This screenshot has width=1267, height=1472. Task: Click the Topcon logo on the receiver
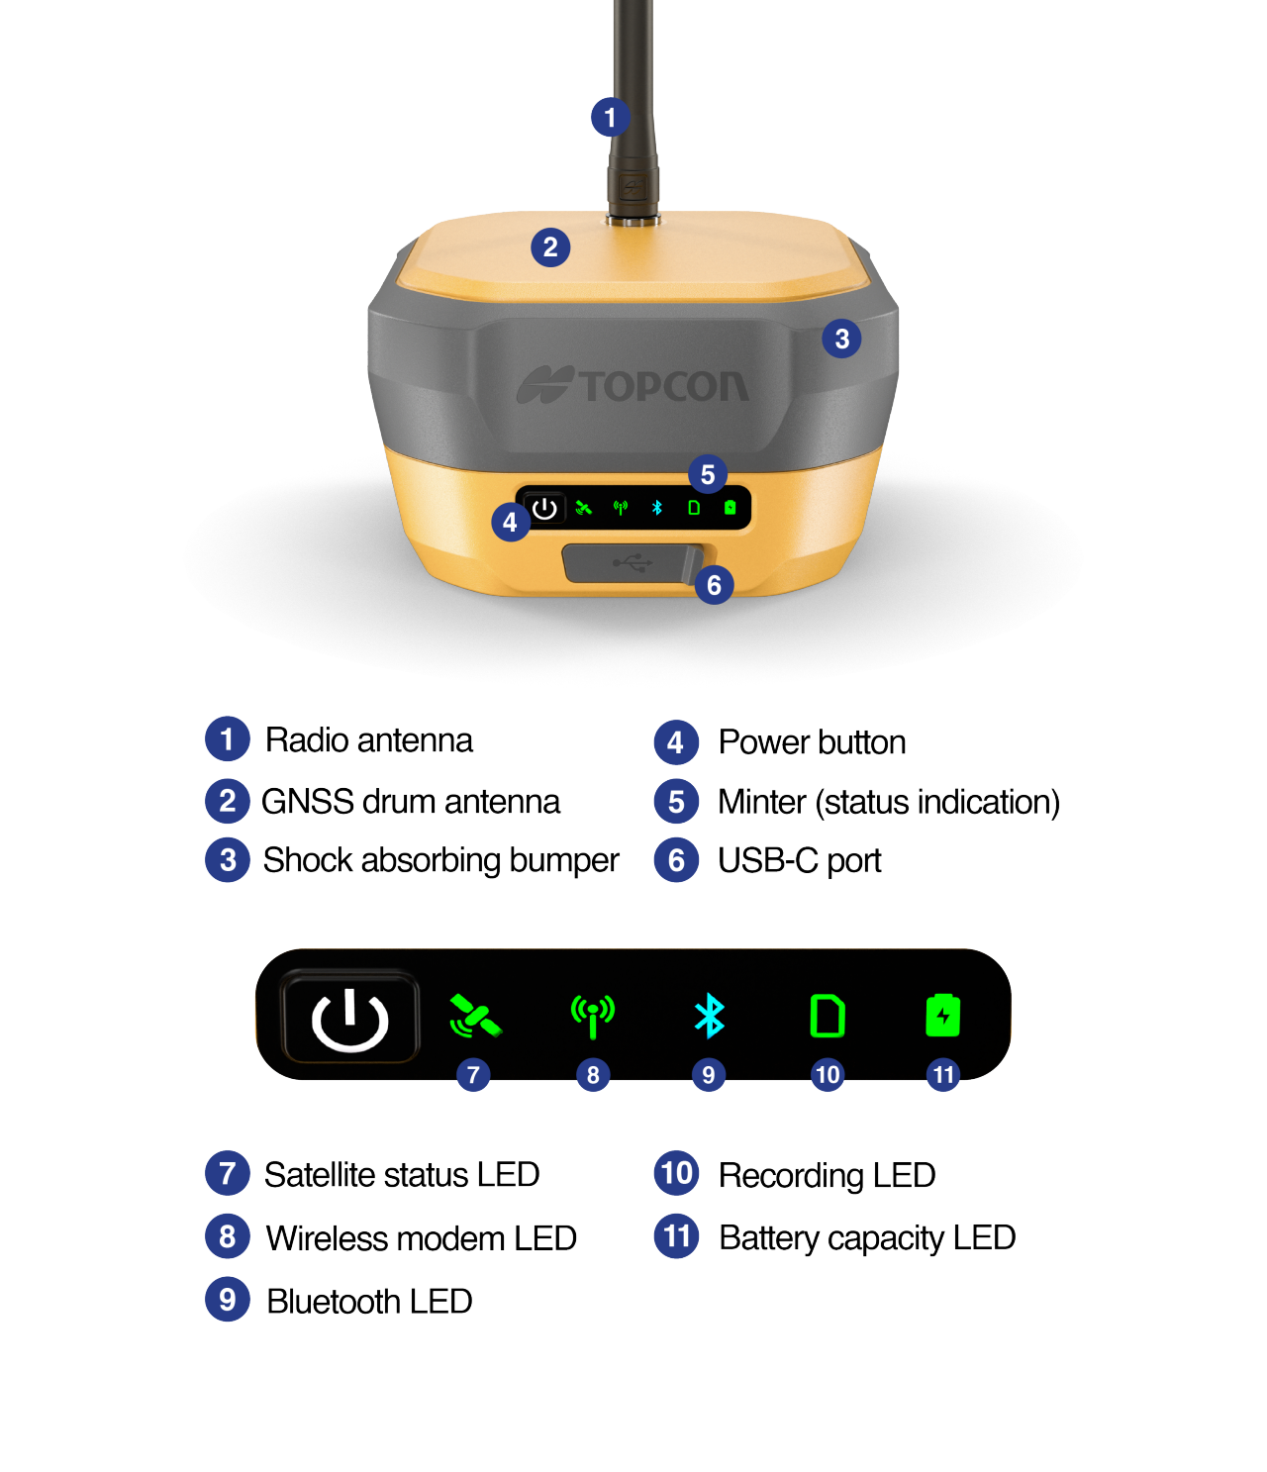tap(633, 385)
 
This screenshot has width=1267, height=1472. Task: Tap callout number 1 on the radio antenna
tap(610, 118)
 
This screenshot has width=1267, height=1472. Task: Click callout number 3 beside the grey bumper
tap(841, 340)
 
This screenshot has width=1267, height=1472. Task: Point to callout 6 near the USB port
tap(714, 585)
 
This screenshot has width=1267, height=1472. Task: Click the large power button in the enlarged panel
tap(349, 1018)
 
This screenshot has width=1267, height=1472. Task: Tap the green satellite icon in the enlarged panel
tap(474, 1017)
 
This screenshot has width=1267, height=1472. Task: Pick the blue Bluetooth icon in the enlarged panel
tap(709, 1017)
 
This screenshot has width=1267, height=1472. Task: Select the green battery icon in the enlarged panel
tap(942, 1016)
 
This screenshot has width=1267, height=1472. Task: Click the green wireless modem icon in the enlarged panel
tap(592, 1017)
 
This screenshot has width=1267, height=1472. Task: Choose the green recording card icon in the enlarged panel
tap(827, 1016)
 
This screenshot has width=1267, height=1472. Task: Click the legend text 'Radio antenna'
tap(368, 740)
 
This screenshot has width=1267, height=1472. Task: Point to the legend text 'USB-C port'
tap(799, 861)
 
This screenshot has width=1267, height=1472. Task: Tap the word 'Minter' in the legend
tap(761, 802)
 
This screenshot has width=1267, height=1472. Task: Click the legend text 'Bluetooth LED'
tap(369, 1302)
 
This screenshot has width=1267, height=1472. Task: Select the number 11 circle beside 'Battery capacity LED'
tap(676, 1236)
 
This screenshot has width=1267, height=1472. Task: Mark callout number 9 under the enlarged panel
tap(708, 1074)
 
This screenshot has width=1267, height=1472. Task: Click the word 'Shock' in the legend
tap(307, 860)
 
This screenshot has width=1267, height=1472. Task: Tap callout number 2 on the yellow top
tap(550, 247)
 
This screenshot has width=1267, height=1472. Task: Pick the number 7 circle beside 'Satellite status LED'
tap(228, 1174)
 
